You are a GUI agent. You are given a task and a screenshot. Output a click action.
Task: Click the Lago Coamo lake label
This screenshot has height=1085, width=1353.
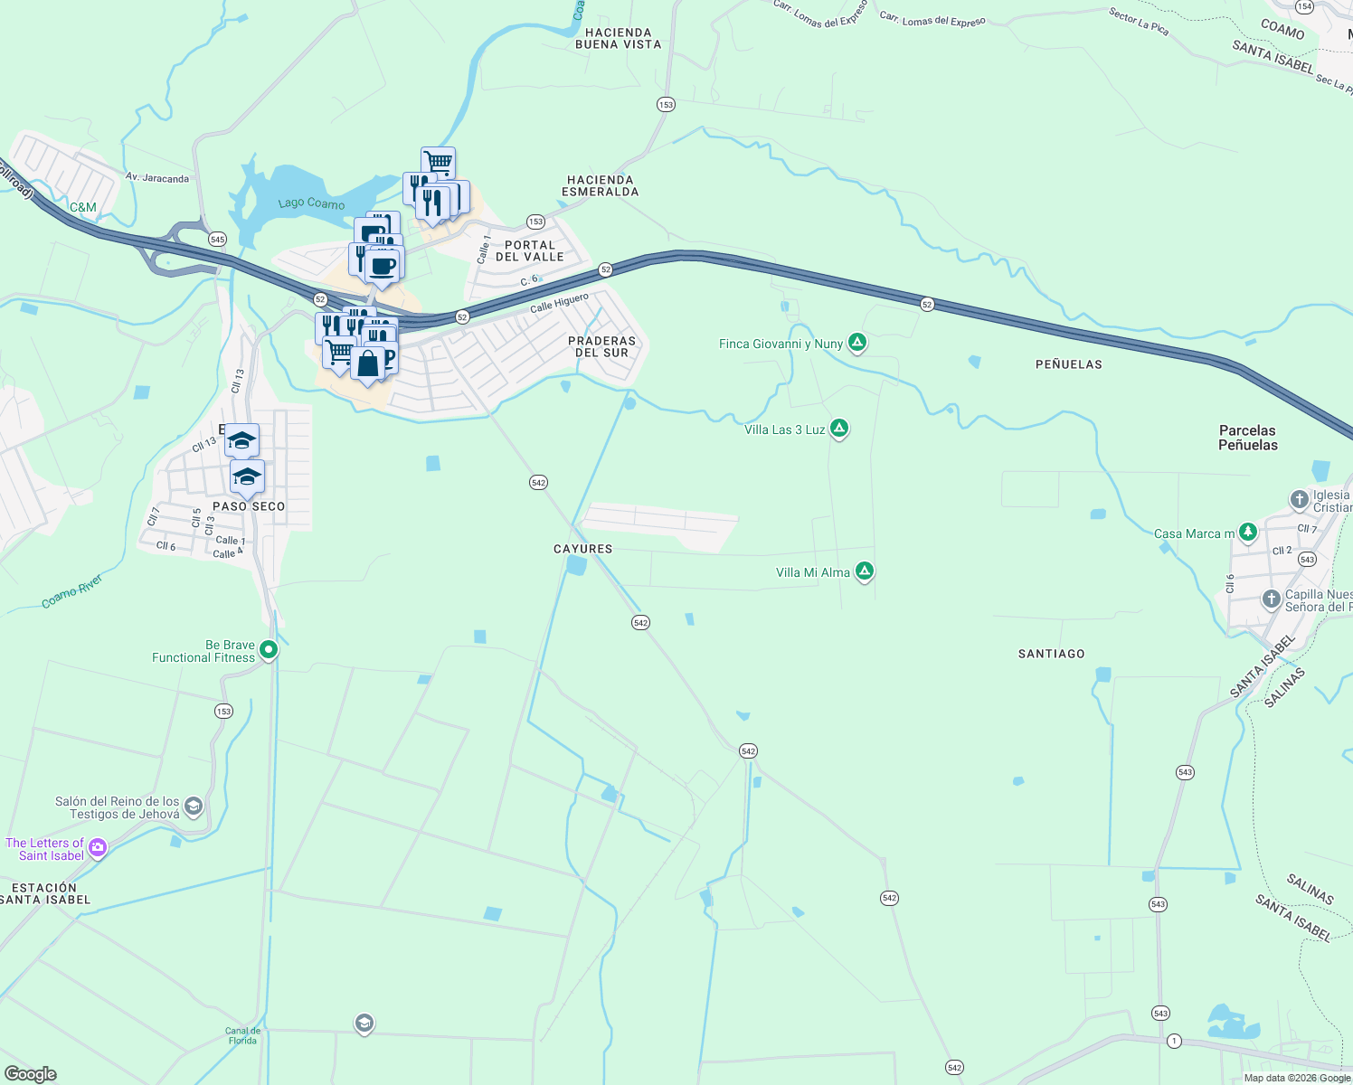pos(311,203)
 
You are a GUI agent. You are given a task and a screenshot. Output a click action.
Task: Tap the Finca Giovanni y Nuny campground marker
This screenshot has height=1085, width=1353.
pos(857,343)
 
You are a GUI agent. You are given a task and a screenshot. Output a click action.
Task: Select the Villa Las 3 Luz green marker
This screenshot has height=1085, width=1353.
pos(839,429)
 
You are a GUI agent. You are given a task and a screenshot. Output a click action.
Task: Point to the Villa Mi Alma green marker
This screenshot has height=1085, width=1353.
pos(865,571)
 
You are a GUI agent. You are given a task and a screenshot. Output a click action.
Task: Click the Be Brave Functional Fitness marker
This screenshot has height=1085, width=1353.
pos(268,650)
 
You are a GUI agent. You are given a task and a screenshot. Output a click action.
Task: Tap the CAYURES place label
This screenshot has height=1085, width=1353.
pos(582,549)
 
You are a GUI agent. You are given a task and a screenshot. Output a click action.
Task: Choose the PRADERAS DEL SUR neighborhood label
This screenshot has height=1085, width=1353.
pos(601,347)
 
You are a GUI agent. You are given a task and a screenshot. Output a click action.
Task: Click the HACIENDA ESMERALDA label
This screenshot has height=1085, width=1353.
pos(600,186)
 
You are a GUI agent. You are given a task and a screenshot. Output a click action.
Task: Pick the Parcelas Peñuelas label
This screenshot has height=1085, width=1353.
pos(1248,438)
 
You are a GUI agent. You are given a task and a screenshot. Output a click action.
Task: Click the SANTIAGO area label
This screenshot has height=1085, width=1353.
pos(1051,654)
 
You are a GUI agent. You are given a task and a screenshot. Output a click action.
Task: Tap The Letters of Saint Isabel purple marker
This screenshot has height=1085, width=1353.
pos(98,848)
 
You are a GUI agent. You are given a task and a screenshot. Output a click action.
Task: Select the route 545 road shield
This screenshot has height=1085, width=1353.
pos(217,240)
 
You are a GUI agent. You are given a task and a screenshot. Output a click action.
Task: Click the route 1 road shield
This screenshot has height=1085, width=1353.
pos(1174,1042)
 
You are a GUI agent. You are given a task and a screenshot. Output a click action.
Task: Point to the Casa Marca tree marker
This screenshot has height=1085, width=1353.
pos(1248,532)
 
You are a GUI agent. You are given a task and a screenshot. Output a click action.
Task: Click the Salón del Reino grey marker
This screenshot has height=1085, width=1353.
pos(193,806)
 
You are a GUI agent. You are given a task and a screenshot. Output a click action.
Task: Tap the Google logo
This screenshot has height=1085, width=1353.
pos(31,1074)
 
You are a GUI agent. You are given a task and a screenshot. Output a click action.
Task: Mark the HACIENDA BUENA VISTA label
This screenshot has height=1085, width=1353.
pos(618,39)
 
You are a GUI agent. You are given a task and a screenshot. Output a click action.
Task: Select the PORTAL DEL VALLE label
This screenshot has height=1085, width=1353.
pos(529,251)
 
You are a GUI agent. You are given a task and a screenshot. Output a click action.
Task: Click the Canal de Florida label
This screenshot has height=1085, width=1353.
pos(242,1036)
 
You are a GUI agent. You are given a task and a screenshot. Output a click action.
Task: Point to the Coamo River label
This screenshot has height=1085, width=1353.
pos(72,590)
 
